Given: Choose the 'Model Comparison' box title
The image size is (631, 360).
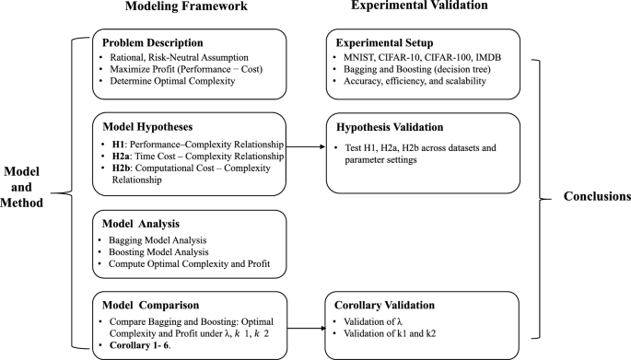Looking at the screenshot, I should tap(149, 305).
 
